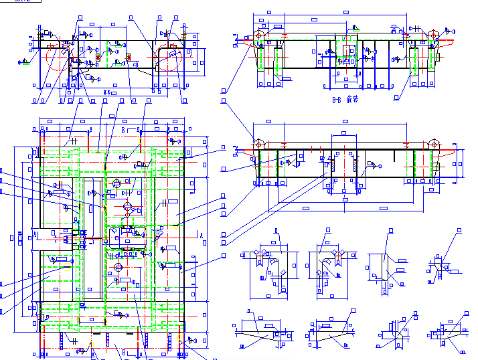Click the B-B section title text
coord(345,99)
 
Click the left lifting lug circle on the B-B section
coord(258,35)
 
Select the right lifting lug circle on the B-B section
coord(434,35)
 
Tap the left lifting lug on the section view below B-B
coord(258,144)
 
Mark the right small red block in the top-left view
coord(128,57)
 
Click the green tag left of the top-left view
coord(23,62)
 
